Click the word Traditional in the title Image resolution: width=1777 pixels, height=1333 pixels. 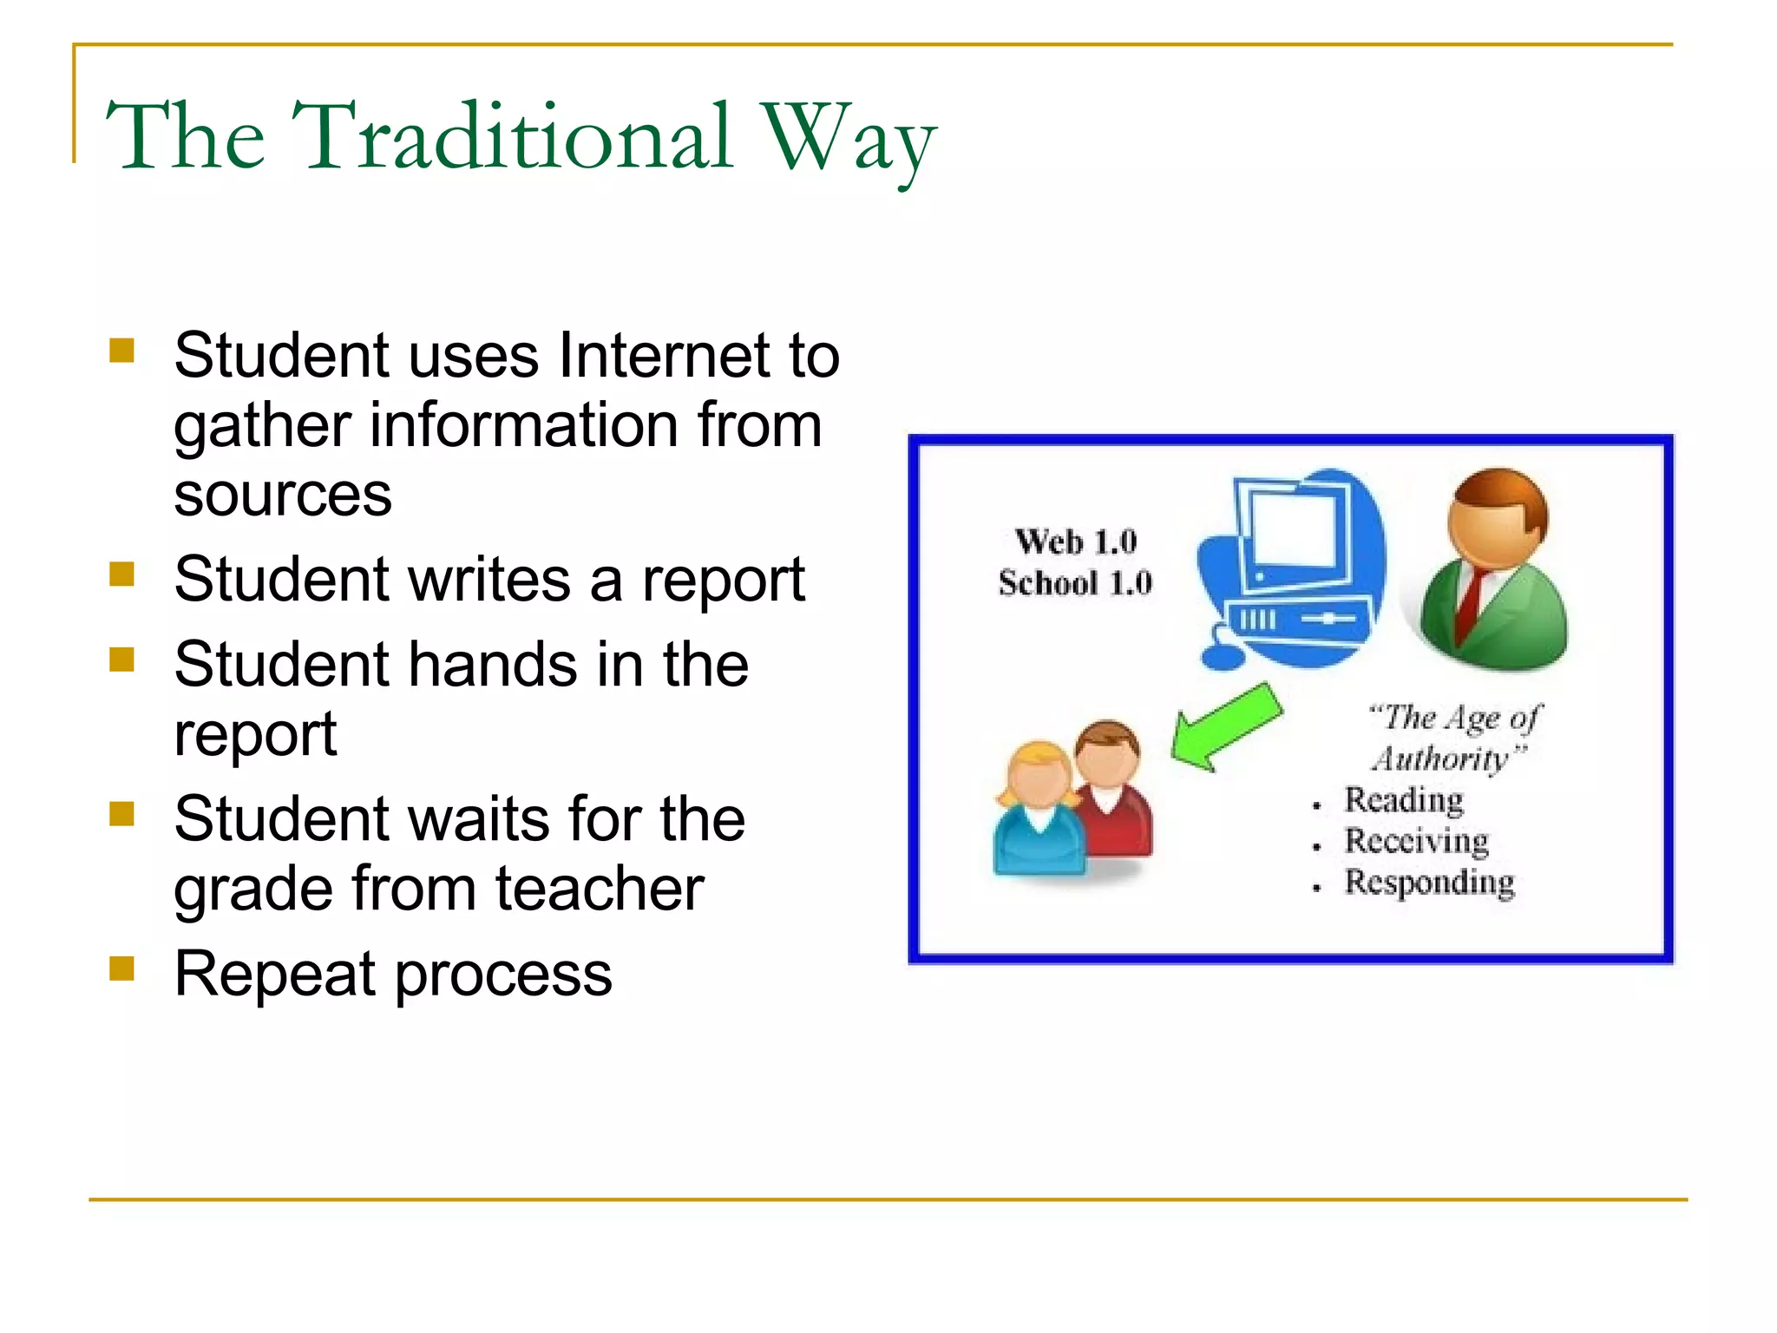pos(512,137)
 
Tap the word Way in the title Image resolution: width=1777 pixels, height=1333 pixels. pos(848,139)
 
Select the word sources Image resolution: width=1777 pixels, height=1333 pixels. pos(283,495)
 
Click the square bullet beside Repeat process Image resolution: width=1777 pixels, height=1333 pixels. pos(122,968)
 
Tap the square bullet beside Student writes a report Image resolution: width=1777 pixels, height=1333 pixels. pos(122,574)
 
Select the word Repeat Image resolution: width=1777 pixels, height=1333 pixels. pos(274,974)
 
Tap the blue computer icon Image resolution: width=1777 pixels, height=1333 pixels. pos(1290,568)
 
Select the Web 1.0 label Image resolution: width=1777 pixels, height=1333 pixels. pos(1076,542)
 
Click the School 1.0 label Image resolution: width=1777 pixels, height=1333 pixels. pos(1075,583)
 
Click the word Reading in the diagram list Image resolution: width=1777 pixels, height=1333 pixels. pos(1403,800)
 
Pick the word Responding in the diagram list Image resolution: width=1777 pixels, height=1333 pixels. pos(1429,883)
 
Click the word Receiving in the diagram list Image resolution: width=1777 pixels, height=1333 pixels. pos(1416,841)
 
